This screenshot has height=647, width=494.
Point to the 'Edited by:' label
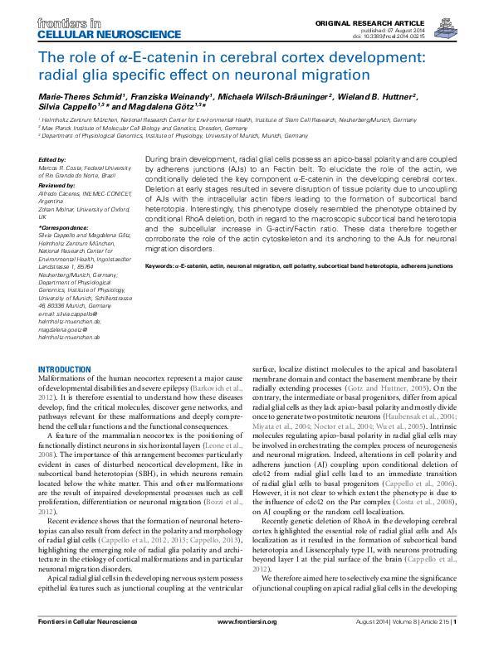(52, 158)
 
